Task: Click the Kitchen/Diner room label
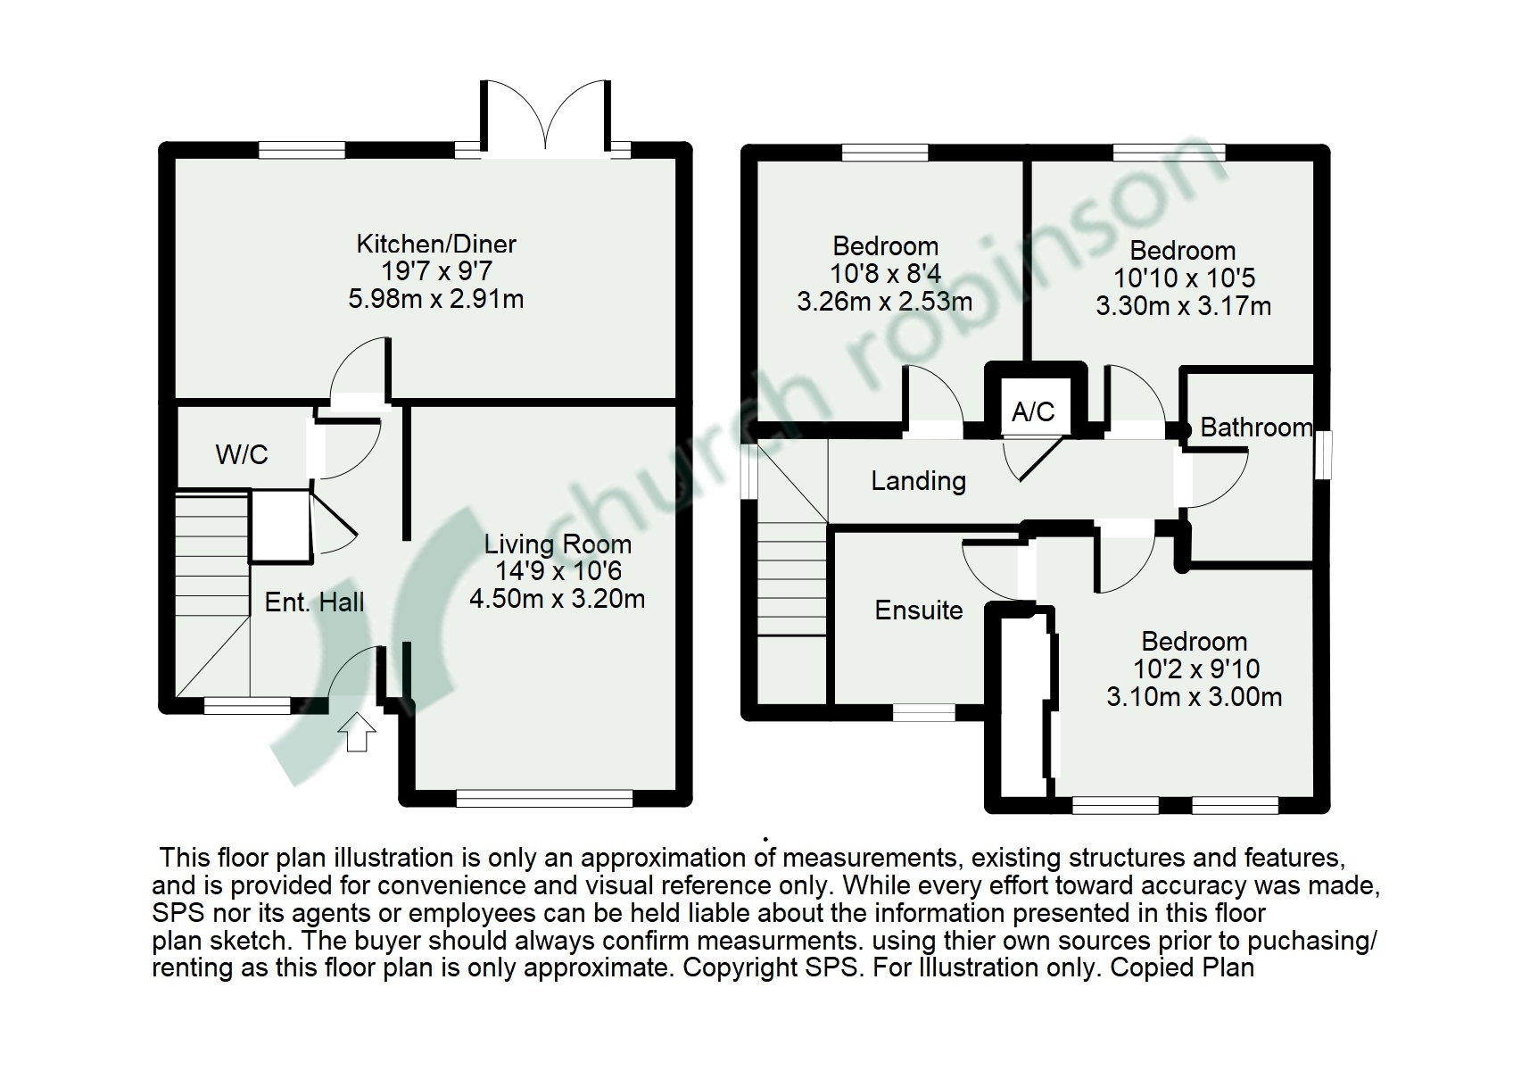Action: (436, 244)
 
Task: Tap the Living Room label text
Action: (558, 544)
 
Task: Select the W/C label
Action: (242, 455)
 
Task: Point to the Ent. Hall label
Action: (314, 602)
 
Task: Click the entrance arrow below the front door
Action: (357, 732)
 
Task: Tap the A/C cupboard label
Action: (1033, 411)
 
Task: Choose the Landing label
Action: (918, 482)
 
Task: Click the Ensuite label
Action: (919, 610)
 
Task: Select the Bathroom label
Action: (1256, 428)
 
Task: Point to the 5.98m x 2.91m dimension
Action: (436, 298)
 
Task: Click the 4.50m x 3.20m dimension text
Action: (558, 599)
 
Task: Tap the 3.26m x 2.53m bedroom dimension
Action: (884, 301)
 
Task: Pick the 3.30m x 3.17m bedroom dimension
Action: (1183, 306)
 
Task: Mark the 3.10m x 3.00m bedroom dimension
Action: (1194, 696)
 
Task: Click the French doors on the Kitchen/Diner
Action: (547, 120)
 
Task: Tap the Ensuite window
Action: (923, 711)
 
